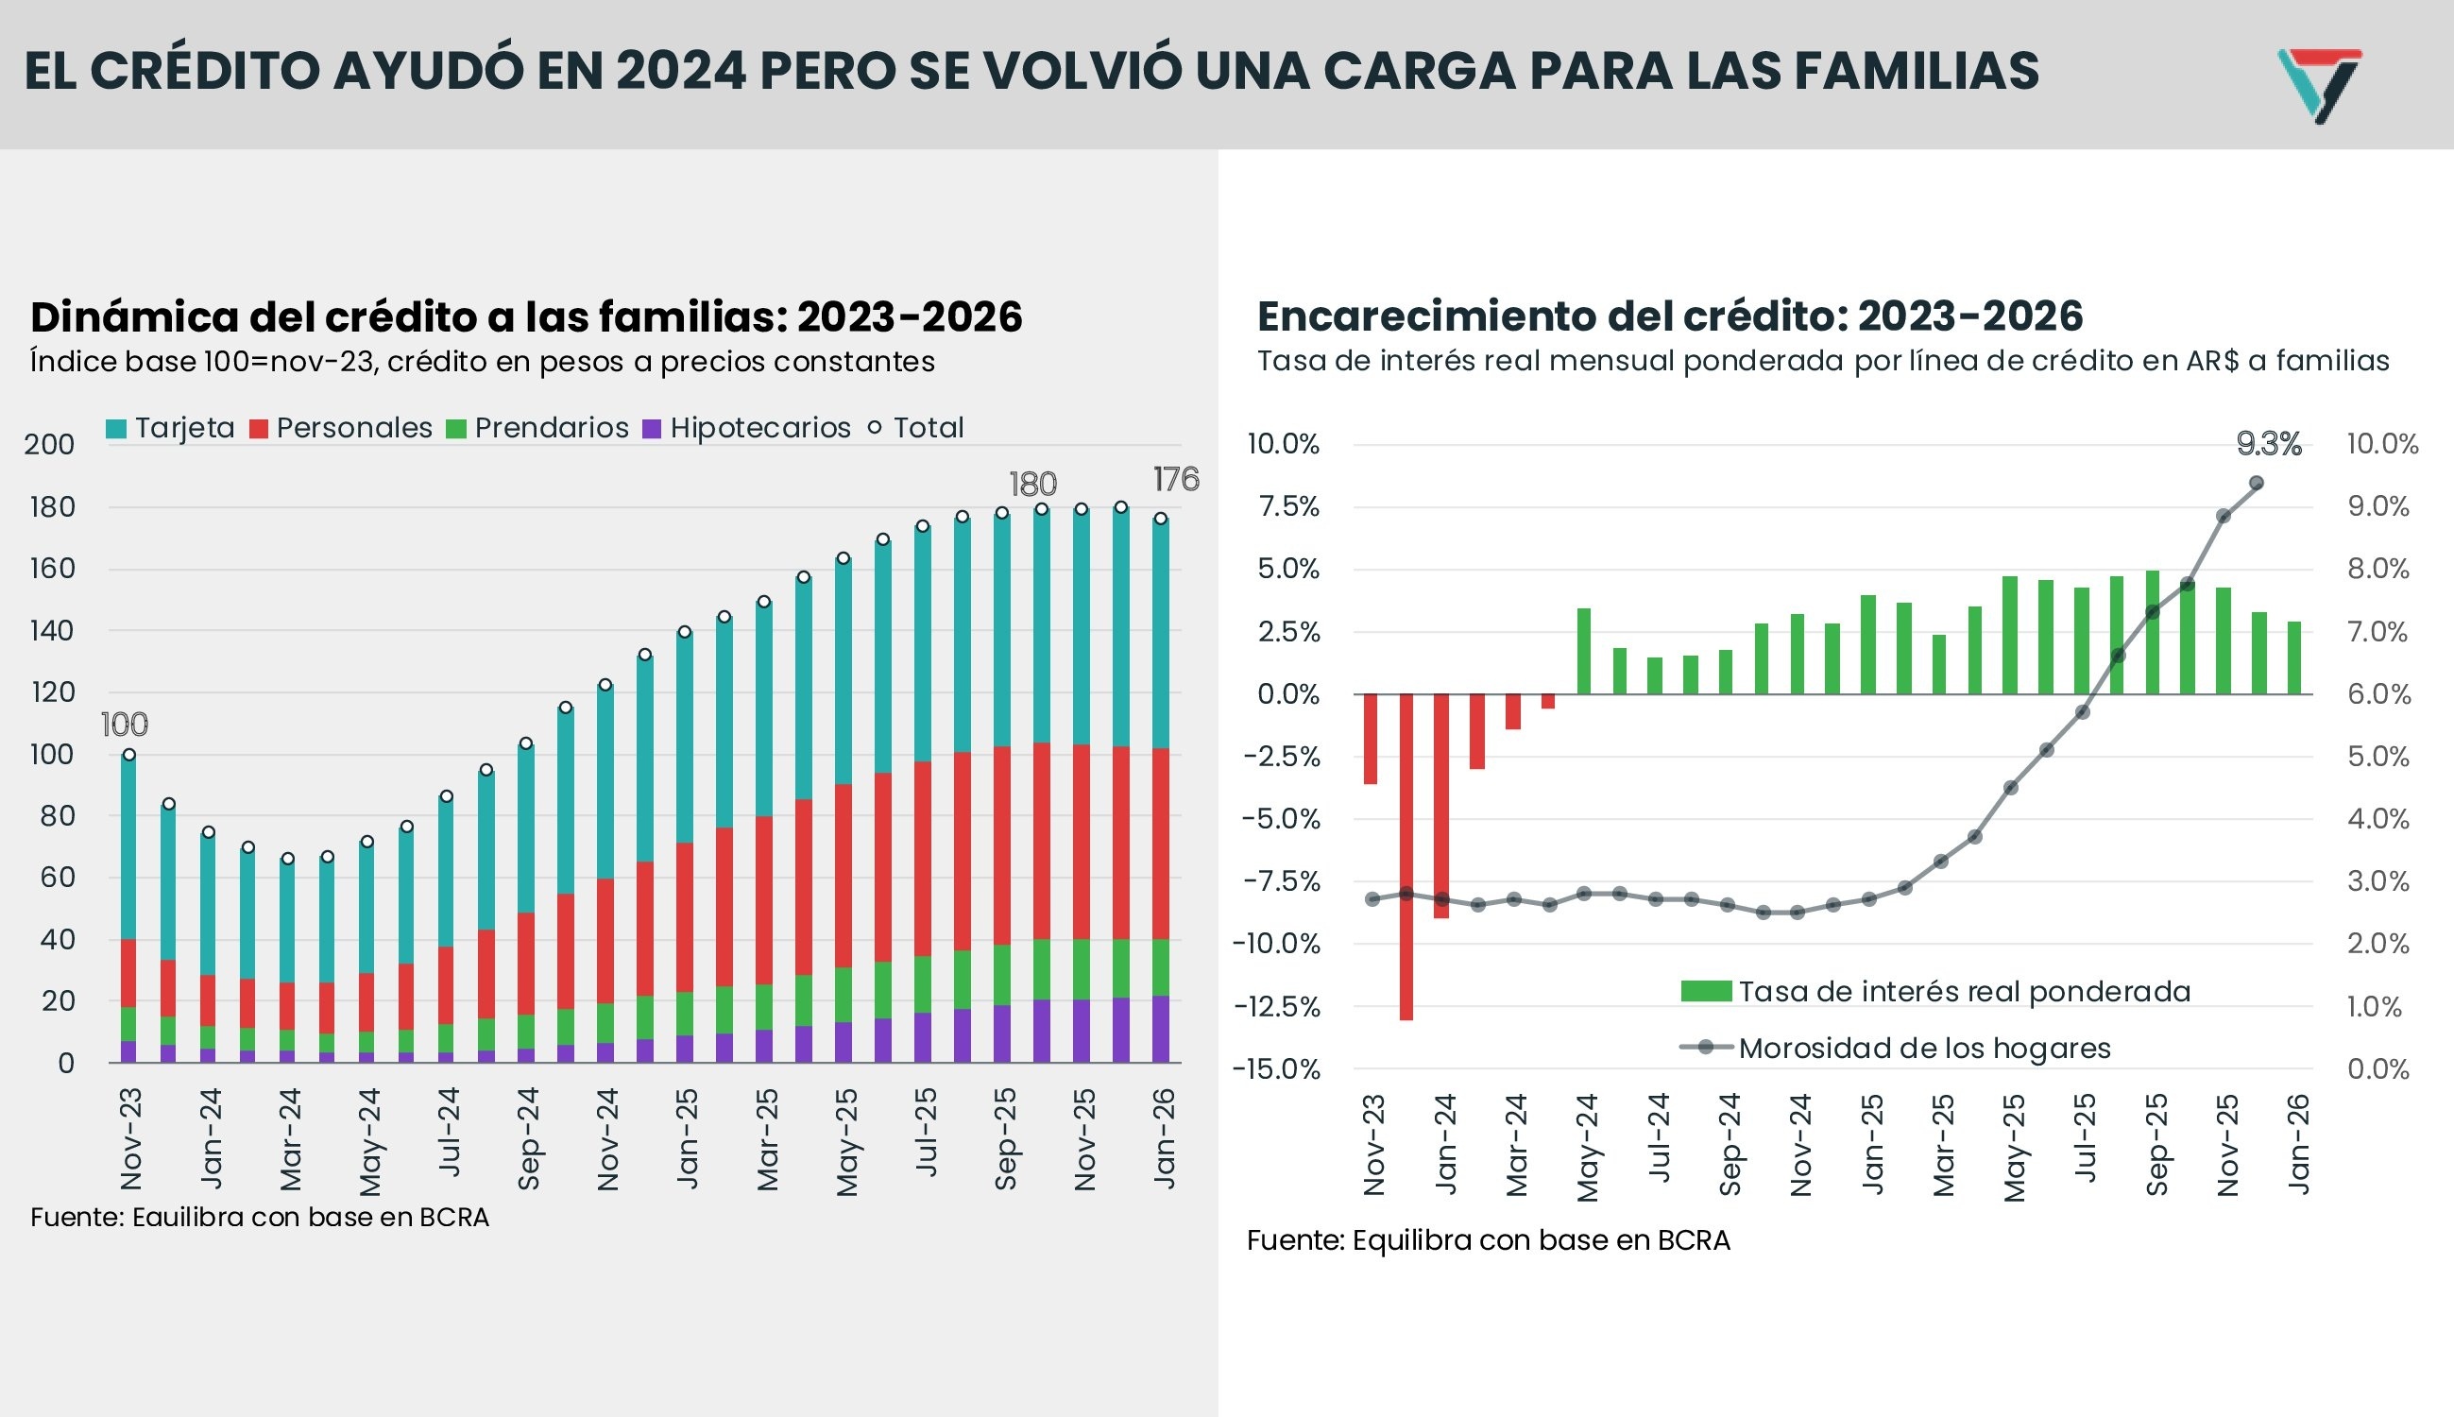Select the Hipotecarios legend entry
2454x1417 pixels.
tap(747, 428)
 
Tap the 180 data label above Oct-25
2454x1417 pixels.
tap(1032, 484)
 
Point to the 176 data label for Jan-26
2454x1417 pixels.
tap(1175, 479)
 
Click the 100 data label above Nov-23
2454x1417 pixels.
tap(125, 724)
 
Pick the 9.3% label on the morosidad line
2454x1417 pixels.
tap(2268, 445)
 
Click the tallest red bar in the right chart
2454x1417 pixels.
tap(1406, 857)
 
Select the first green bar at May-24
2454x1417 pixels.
tap(1583, 650)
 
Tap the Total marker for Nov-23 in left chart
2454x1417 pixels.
tap(128, 754)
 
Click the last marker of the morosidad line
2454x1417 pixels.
tap(2257, 483)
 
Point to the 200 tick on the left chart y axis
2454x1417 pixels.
tap(50, 445)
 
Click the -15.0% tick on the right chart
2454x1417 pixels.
tap(1276, 1069)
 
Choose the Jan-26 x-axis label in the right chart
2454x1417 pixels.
tap(2297, 1144)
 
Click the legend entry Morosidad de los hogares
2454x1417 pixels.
tap(1923, 1049)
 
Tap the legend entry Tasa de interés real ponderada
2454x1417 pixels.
tap(1963, 992)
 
